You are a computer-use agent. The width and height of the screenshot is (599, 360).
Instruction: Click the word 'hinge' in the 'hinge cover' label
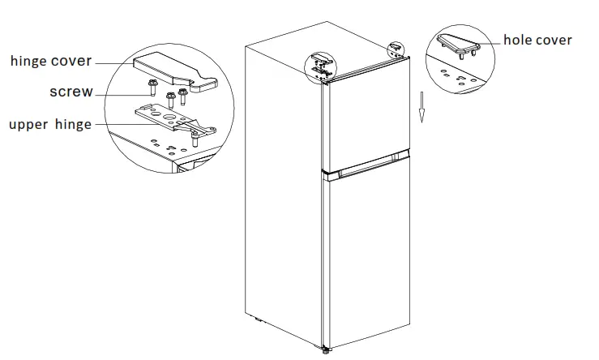pos(30,61)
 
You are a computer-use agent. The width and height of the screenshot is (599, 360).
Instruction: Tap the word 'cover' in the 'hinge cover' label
pos(72,61)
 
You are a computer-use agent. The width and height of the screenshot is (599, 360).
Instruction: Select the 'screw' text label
pos(71,92)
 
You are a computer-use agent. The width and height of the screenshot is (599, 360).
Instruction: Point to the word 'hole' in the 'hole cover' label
pos(518,40)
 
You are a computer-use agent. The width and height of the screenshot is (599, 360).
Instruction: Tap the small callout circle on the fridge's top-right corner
pos(396,49)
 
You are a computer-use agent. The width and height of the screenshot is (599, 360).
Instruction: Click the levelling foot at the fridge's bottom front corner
pos(327,349)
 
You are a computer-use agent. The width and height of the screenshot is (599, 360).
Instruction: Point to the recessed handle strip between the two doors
pos(368,168)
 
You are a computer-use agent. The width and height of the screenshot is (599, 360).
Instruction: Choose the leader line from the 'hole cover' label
pos(489,41)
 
